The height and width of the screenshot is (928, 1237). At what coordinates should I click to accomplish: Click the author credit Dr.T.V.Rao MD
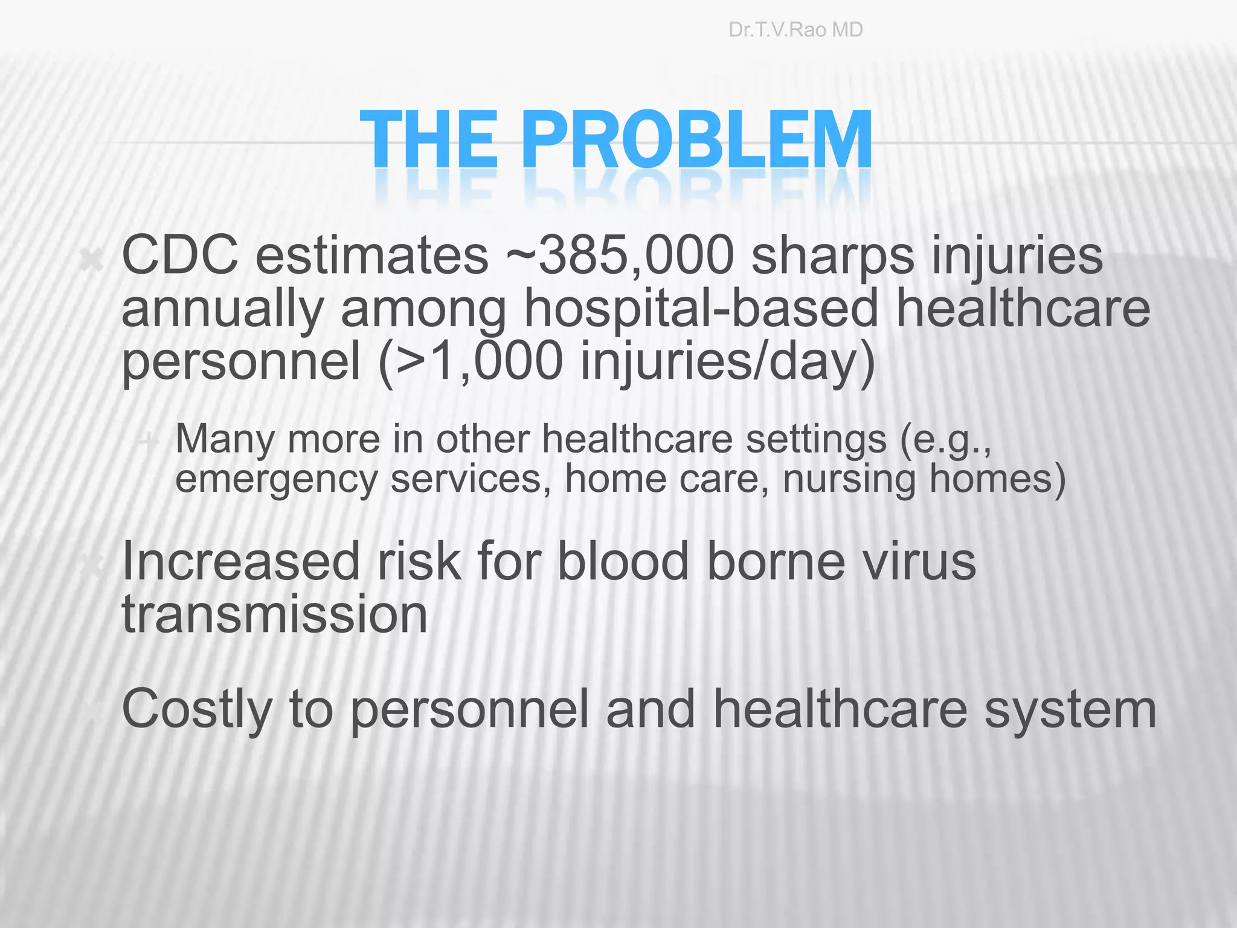tap(795, 30)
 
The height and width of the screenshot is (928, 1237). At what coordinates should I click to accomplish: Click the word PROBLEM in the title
tap(696, 140)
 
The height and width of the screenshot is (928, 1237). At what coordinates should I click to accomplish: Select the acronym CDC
tap(179, 256)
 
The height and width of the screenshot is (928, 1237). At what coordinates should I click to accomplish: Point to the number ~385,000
tap(620, 256)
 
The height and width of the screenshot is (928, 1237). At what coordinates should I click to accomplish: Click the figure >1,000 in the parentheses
tap(480, 361)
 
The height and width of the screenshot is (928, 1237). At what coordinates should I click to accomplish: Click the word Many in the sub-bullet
tap(225, 440)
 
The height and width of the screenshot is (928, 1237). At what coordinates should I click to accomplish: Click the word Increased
tap(241, 562)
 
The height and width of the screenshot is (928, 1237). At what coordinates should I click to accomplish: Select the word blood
tap(623, 562)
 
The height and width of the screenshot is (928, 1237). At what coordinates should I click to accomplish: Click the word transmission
tap(275, 614)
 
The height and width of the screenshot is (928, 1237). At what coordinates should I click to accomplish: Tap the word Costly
tap(197, 710)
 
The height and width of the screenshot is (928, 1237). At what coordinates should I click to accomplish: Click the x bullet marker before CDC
tap(92, 262)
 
